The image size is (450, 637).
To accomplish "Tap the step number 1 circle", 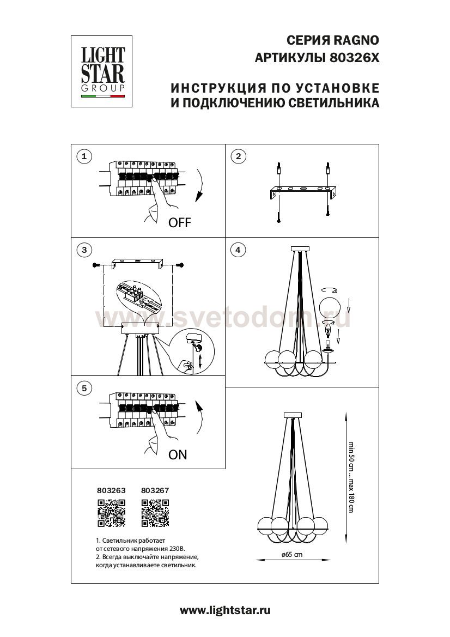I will pyautogui.click(x=83, y=157).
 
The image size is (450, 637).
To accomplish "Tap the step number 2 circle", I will pyautogui.click(x=238, y=157).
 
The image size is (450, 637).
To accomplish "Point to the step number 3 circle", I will pyautogui.click(x=83, y=250).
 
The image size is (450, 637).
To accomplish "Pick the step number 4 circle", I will pyautogui.click(x=238, y=250).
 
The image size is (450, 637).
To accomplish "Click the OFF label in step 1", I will pyautogui.click(x=180, y=223).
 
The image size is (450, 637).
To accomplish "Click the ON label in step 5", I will pyautogui.click(x=178, y=455).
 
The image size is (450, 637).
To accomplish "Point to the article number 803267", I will pyautogui.click(x=155, y=490).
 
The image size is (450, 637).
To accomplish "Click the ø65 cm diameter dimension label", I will pyautogui.click(x=292, y=554).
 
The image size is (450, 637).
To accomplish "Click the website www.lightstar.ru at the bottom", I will pyautogui.click(x=224, y=611).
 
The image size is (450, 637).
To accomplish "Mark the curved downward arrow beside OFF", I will pyautogui.click(x=199, y=186).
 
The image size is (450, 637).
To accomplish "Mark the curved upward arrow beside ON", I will pyautogui.click(x=199, y=419).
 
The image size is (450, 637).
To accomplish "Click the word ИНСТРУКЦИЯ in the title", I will pyautogui.click(x=212, y=88).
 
